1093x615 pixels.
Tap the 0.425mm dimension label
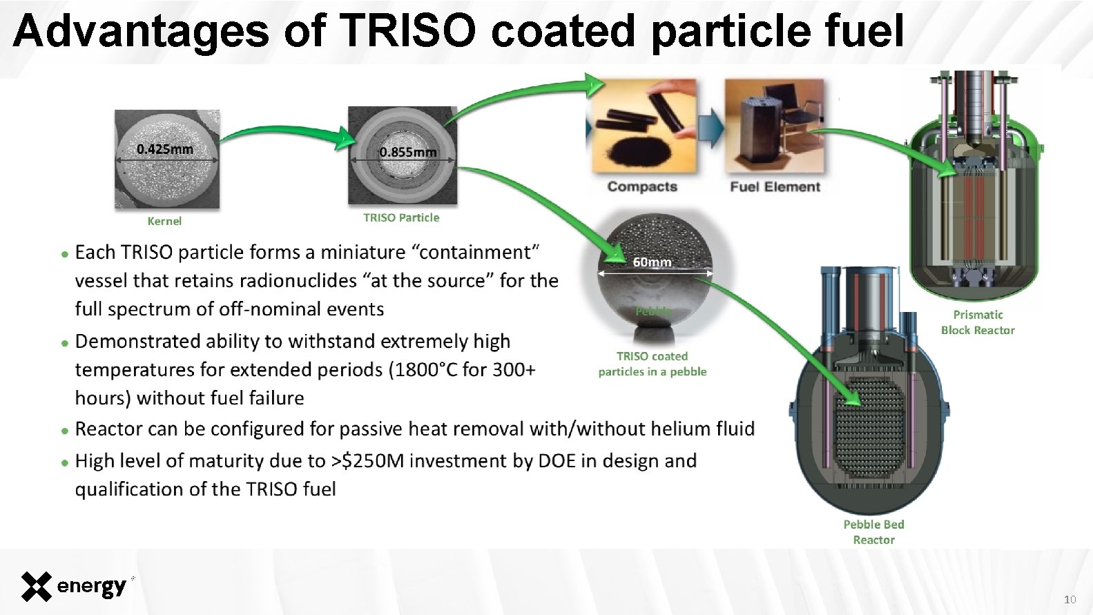click(x=164, y=149)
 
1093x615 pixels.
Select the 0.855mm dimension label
click(x=408, y=152)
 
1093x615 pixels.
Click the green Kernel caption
click(x=164, y=221)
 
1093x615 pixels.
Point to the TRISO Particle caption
click(x=401, y=217)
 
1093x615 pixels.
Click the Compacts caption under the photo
click(x=642, y=186)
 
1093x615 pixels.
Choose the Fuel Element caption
click(x=775, y=186)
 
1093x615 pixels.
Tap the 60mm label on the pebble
click(x=652, y=262)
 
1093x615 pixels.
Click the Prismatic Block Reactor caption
click(x=978, y=322)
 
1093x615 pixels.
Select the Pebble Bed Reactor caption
click(x=873, y=532)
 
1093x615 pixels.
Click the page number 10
click(x=1070, y=599)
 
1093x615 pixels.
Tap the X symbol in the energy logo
click(x=36, y=587)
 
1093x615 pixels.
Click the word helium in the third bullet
click(x=664, y=429)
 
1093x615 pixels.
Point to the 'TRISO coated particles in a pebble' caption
click(x=652, y=364)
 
